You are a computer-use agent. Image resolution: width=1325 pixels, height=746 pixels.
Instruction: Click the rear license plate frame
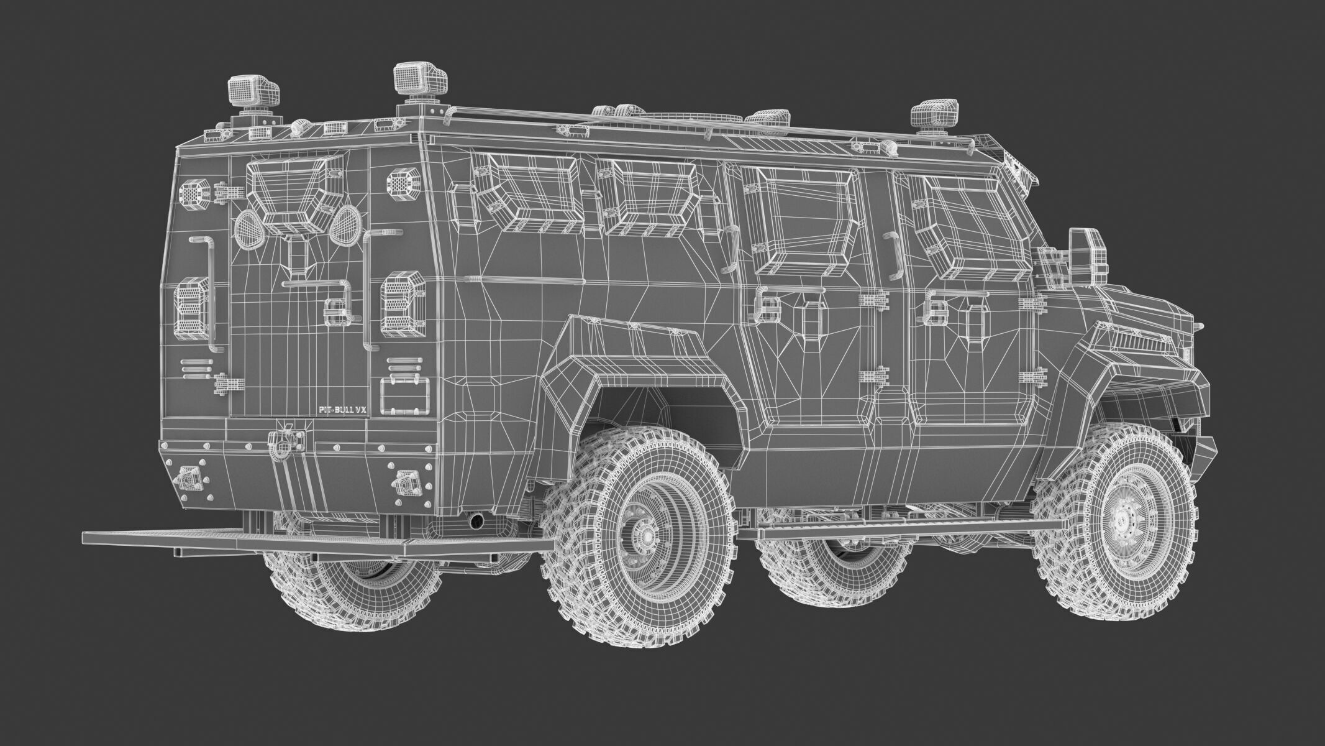coord(404,394)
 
